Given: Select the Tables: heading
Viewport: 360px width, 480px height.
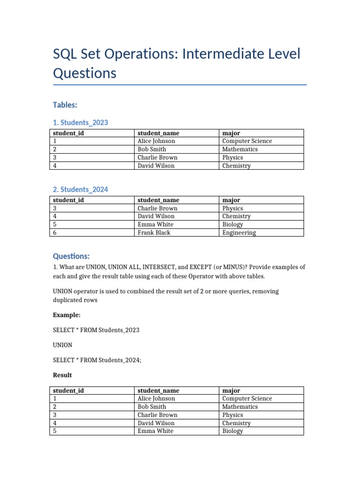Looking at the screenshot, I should click(x=65, y=105).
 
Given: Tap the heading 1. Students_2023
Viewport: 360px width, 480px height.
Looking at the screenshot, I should click(x=81, y=123).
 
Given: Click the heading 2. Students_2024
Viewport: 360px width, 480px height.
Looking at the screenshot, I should click(x=81, y=189).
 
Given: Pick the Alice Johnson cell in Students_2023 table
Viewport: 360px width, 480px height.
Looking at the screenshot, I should click(x=156, y=141).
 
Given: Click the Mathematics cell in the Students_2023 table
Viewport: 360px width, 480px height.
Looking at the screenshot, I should click(x=240, y=149).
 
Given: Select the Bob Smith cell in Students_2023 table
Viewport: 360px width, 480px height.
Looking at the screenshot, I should click(x=151, y=149).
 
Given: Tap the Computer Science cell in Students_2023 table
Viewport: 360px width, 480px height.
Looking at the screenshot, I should click(x=247, y=141).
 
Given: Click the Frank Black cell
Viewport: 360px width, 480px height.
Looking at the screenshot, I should click(x=154, y=232).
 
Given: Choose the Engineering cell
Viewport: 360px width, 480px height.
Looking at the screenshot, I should click(x=239, y=232).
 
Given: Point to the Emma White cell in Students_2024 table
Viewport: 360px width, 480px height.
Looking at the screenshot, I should click(x=155, y=225).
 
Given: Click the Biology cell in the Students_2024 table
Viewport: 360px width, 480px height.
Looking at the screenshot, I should click(x=232, y=225).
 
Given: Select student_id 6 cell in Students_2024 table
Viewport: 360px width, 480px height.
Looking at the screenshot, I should click(x=55, y=232).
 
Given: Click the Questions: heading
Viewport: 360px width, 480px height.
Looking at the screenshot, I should click(x=71, y=256).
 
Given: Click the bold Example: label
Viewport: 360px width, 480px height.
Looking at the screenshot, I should click(x=67, y=315).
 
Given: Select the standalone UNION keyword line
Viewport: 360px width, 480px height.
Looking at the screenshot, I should click(x=63, y=345).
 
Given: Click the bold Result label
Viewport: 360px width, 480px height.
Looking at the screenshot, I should click(x=63, y=375).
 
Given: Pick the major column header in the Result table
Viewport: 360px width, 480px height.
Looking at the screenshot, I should click(x=231, y=390).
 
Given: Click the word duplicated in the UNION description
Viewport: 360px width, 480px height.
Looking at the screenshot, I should click(x=68, y=300).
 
